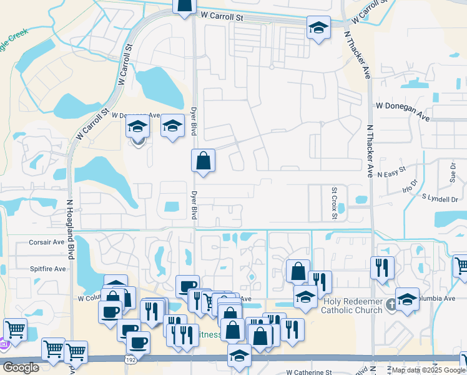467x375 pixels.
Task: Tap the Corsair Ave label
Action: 47,242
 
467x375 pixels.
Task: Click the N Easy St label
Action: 391,169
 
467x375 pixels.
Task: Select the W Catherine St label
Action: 310,372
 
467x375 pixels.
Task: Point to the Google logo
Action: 21,367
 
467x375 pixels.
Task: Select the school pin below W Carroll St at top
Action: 318,27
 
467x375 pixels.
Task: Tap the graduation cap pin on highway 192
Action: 239,356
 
